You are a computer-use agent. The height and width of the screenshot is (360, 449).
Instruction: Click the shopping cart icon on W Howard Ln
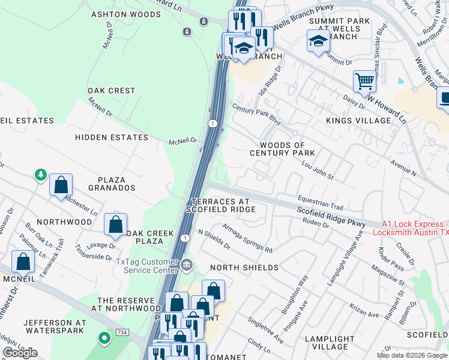tap(364, 80)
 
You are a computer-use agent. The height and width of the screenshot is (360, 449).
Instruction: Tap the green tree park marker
tap(41, 175)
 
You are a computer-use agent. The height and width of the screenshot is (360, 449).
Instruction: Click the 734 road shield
tap(122, 331)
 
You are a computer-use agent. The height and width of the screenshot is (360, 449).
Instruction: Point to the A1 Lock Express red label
tap(415, 227)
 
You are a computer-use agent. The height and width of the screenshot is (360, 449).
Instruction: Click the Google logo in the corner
tap(20, 353)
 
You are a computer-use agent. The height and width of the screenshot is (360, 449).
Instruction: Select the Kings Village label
tap(358, 121)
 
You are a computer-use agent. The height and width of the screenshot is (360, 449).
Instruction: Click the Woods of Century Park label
tap(282, 149)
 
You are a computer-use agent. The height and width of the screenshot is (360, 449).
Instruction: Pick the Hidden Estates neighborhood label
tap(111, 137)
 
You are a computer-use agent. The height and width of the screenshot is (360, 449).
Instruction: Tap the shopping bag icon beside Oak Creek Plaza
tap(115, 225)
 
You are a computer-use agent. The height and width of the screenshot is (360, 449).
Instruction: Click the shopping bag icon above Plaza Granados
tap(61, 185)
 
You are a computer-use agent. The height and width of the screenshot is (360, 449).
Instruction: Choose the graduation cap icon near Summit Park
tap(318, 41)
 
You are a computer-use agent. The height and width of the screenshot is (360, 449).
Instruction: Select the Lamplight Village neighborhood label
tap(330, 343)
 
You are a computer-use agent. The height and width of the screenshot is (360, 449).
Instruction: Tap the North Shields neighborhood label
tap(243, 268)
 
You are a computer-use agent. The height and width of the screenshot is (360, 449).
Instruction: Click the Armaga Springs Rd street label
tap(247, 238)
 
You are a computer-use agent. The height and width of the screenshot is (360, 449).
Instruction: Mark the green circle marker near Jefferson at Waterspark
tap(104, 339)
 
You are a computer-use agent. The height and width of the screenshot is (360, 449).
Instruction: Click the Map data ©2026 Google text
tap(412, 355)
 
